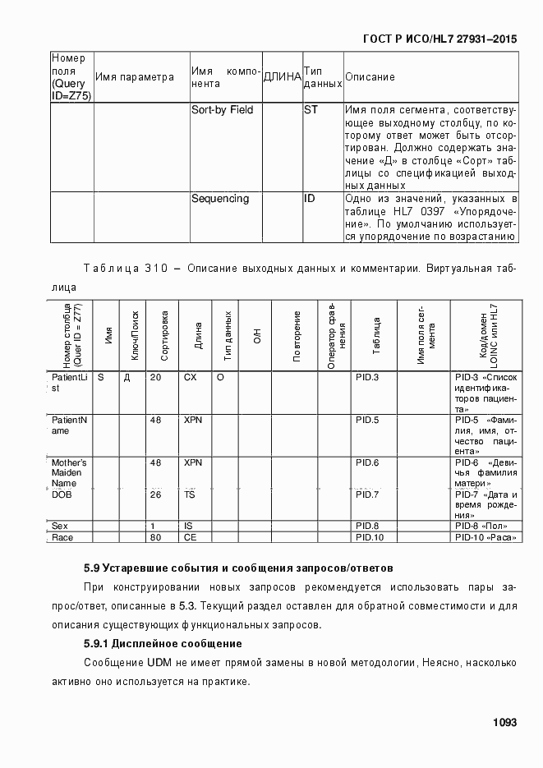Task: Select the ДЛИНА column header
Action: pyautogui.click(x=281, y=77)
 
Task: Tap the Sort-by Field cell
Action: pyautogui.click(x=222, y=110)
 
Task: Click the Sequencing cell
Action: pyautogui.click(x=219, y=199)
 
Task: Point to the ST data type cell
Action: pyautogui.click(x=311, y=110)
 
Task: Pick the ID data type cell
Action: pyautogui.click(x=310, y=199)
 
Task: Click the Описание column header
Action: pyautogui.click(x=370, y=77)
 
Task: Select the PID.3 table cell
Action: pyautogui.click(x=366, y=377)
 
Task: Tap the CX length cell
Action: pyautogui.click(x=191, y=377)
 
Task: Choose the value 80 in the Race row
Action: pyautogui.click(x=155, y=537)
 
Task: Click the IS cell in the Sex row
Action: pyautogui.click(x=187, y=526)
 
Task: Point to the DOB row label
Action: pyautogui.click(x=62, y=495)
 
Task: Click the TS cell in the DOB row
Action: pyautogui.click(x=189, y=495)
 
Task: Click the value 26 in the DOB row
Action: pyautogui.click(x=155, y=495)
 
